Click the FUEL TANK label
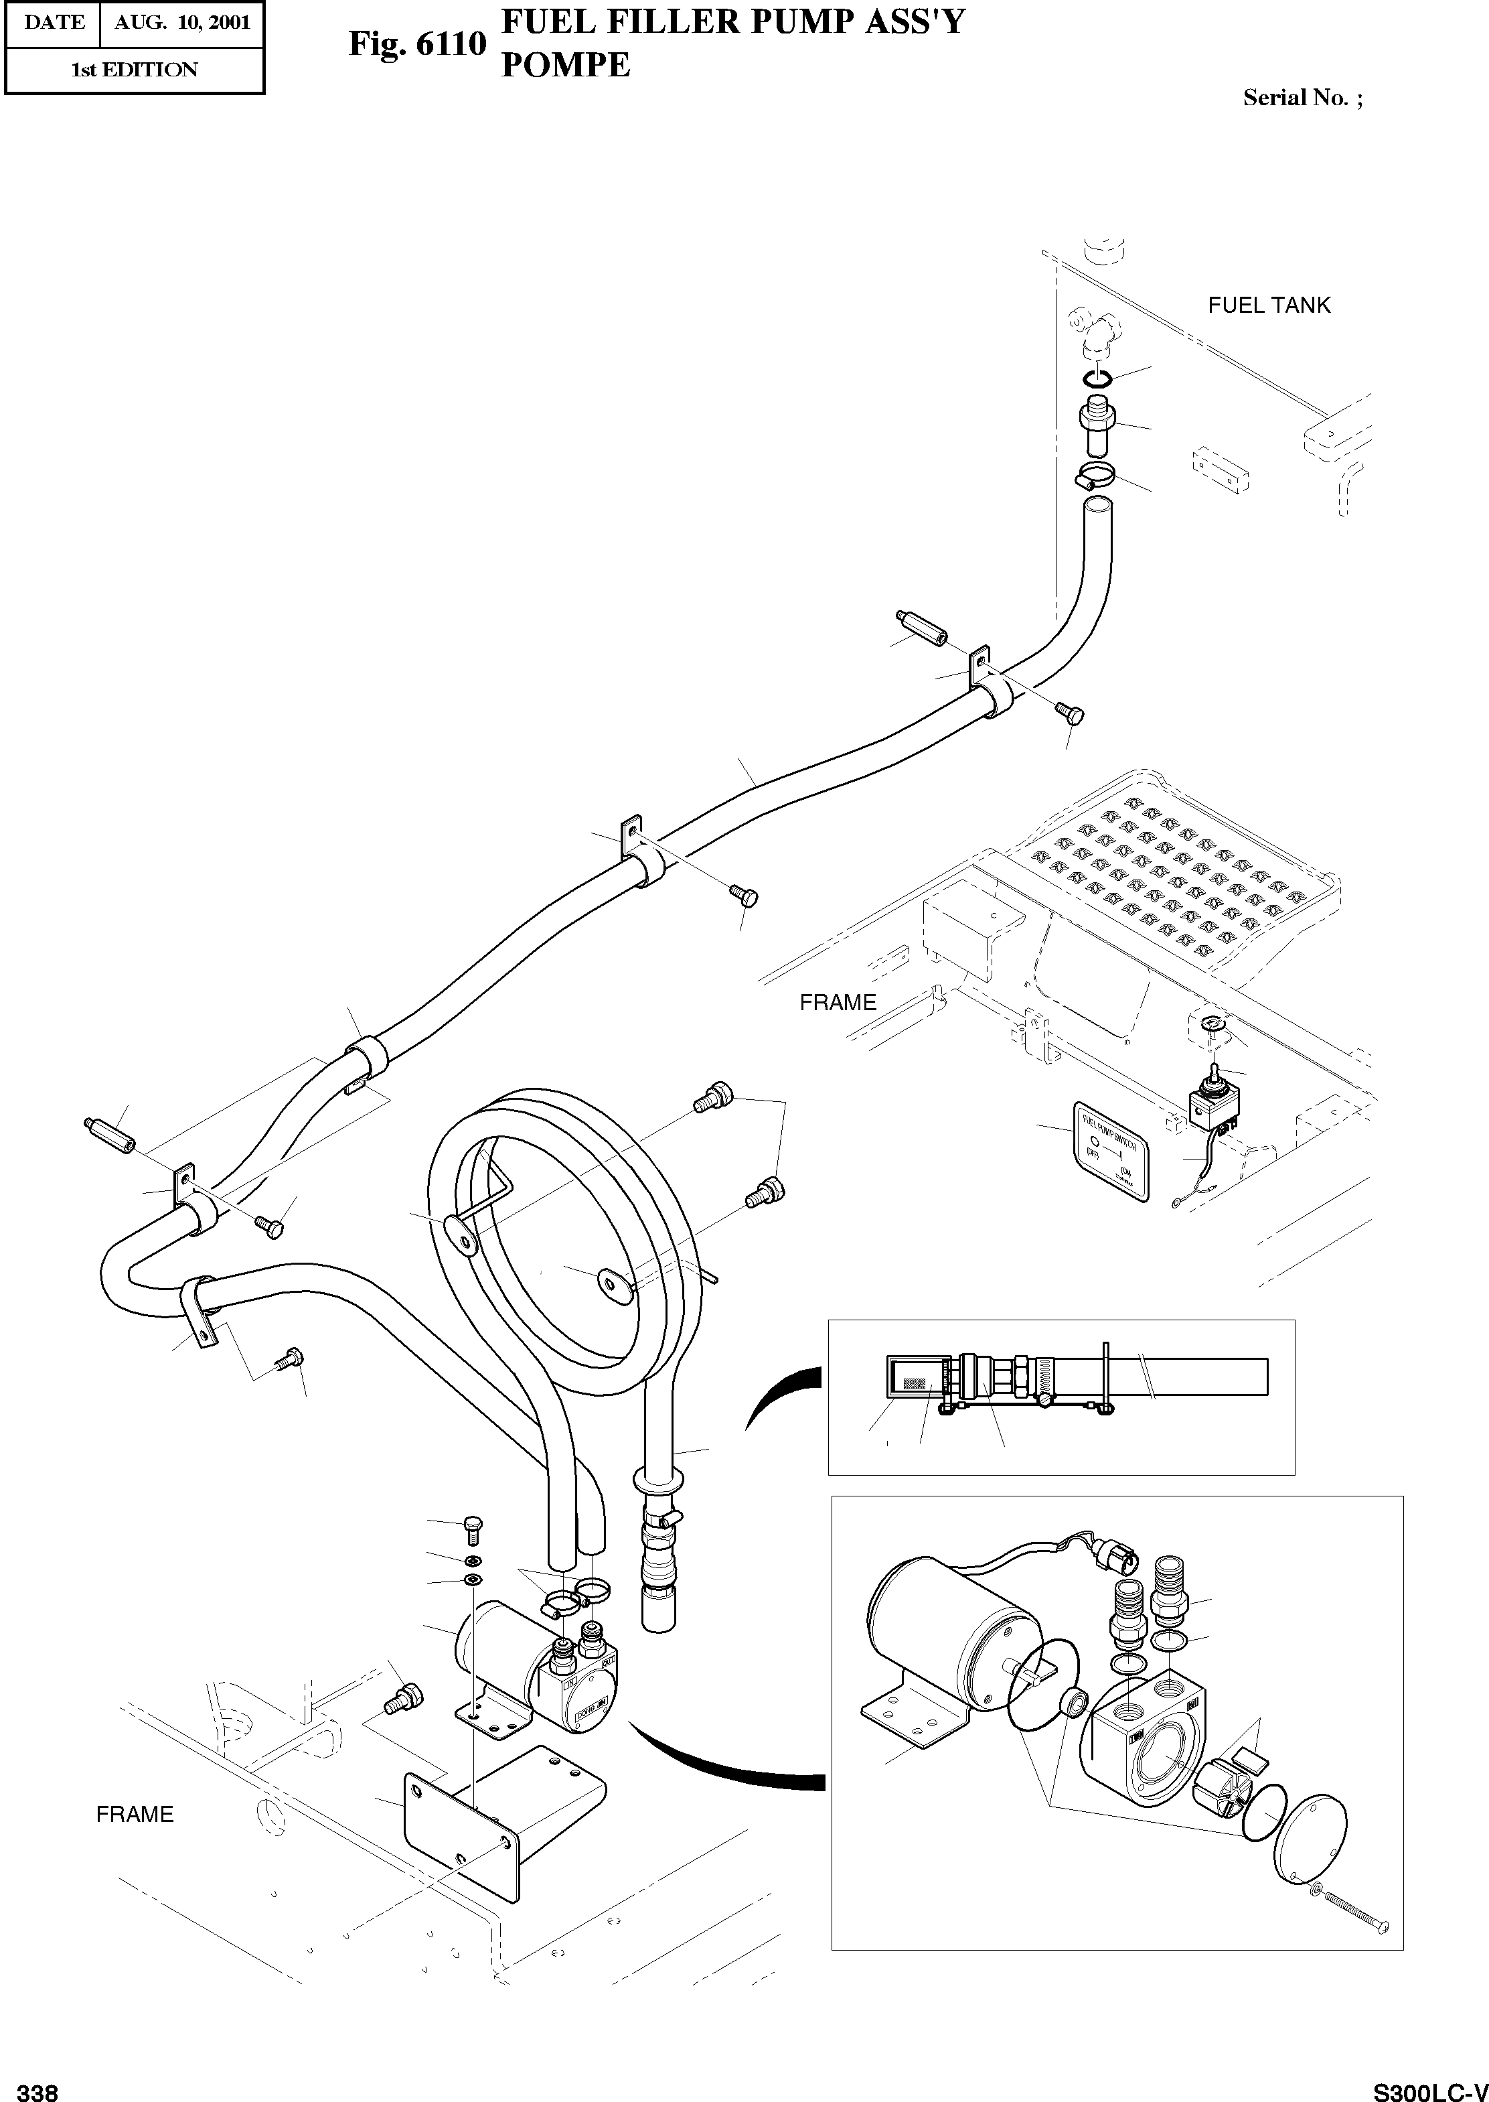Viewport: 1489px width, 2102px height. point(1268,305)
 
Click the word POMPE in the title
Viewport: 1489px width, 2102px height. point(566,64)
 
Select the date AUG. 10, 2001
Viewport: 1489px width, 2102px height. point(181,23)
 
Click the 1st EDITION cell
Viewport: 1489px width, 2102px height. point(134,70)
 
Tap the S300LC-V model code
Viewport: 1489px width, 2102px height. point(1429,2087)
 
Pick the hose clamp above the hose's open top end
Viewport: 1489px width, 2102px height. point(1095,477)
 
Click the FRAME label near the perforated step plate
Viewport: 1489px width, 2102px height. point(837,1002)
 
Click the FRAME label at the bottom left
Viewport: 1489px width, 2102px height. point(135,1814)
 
